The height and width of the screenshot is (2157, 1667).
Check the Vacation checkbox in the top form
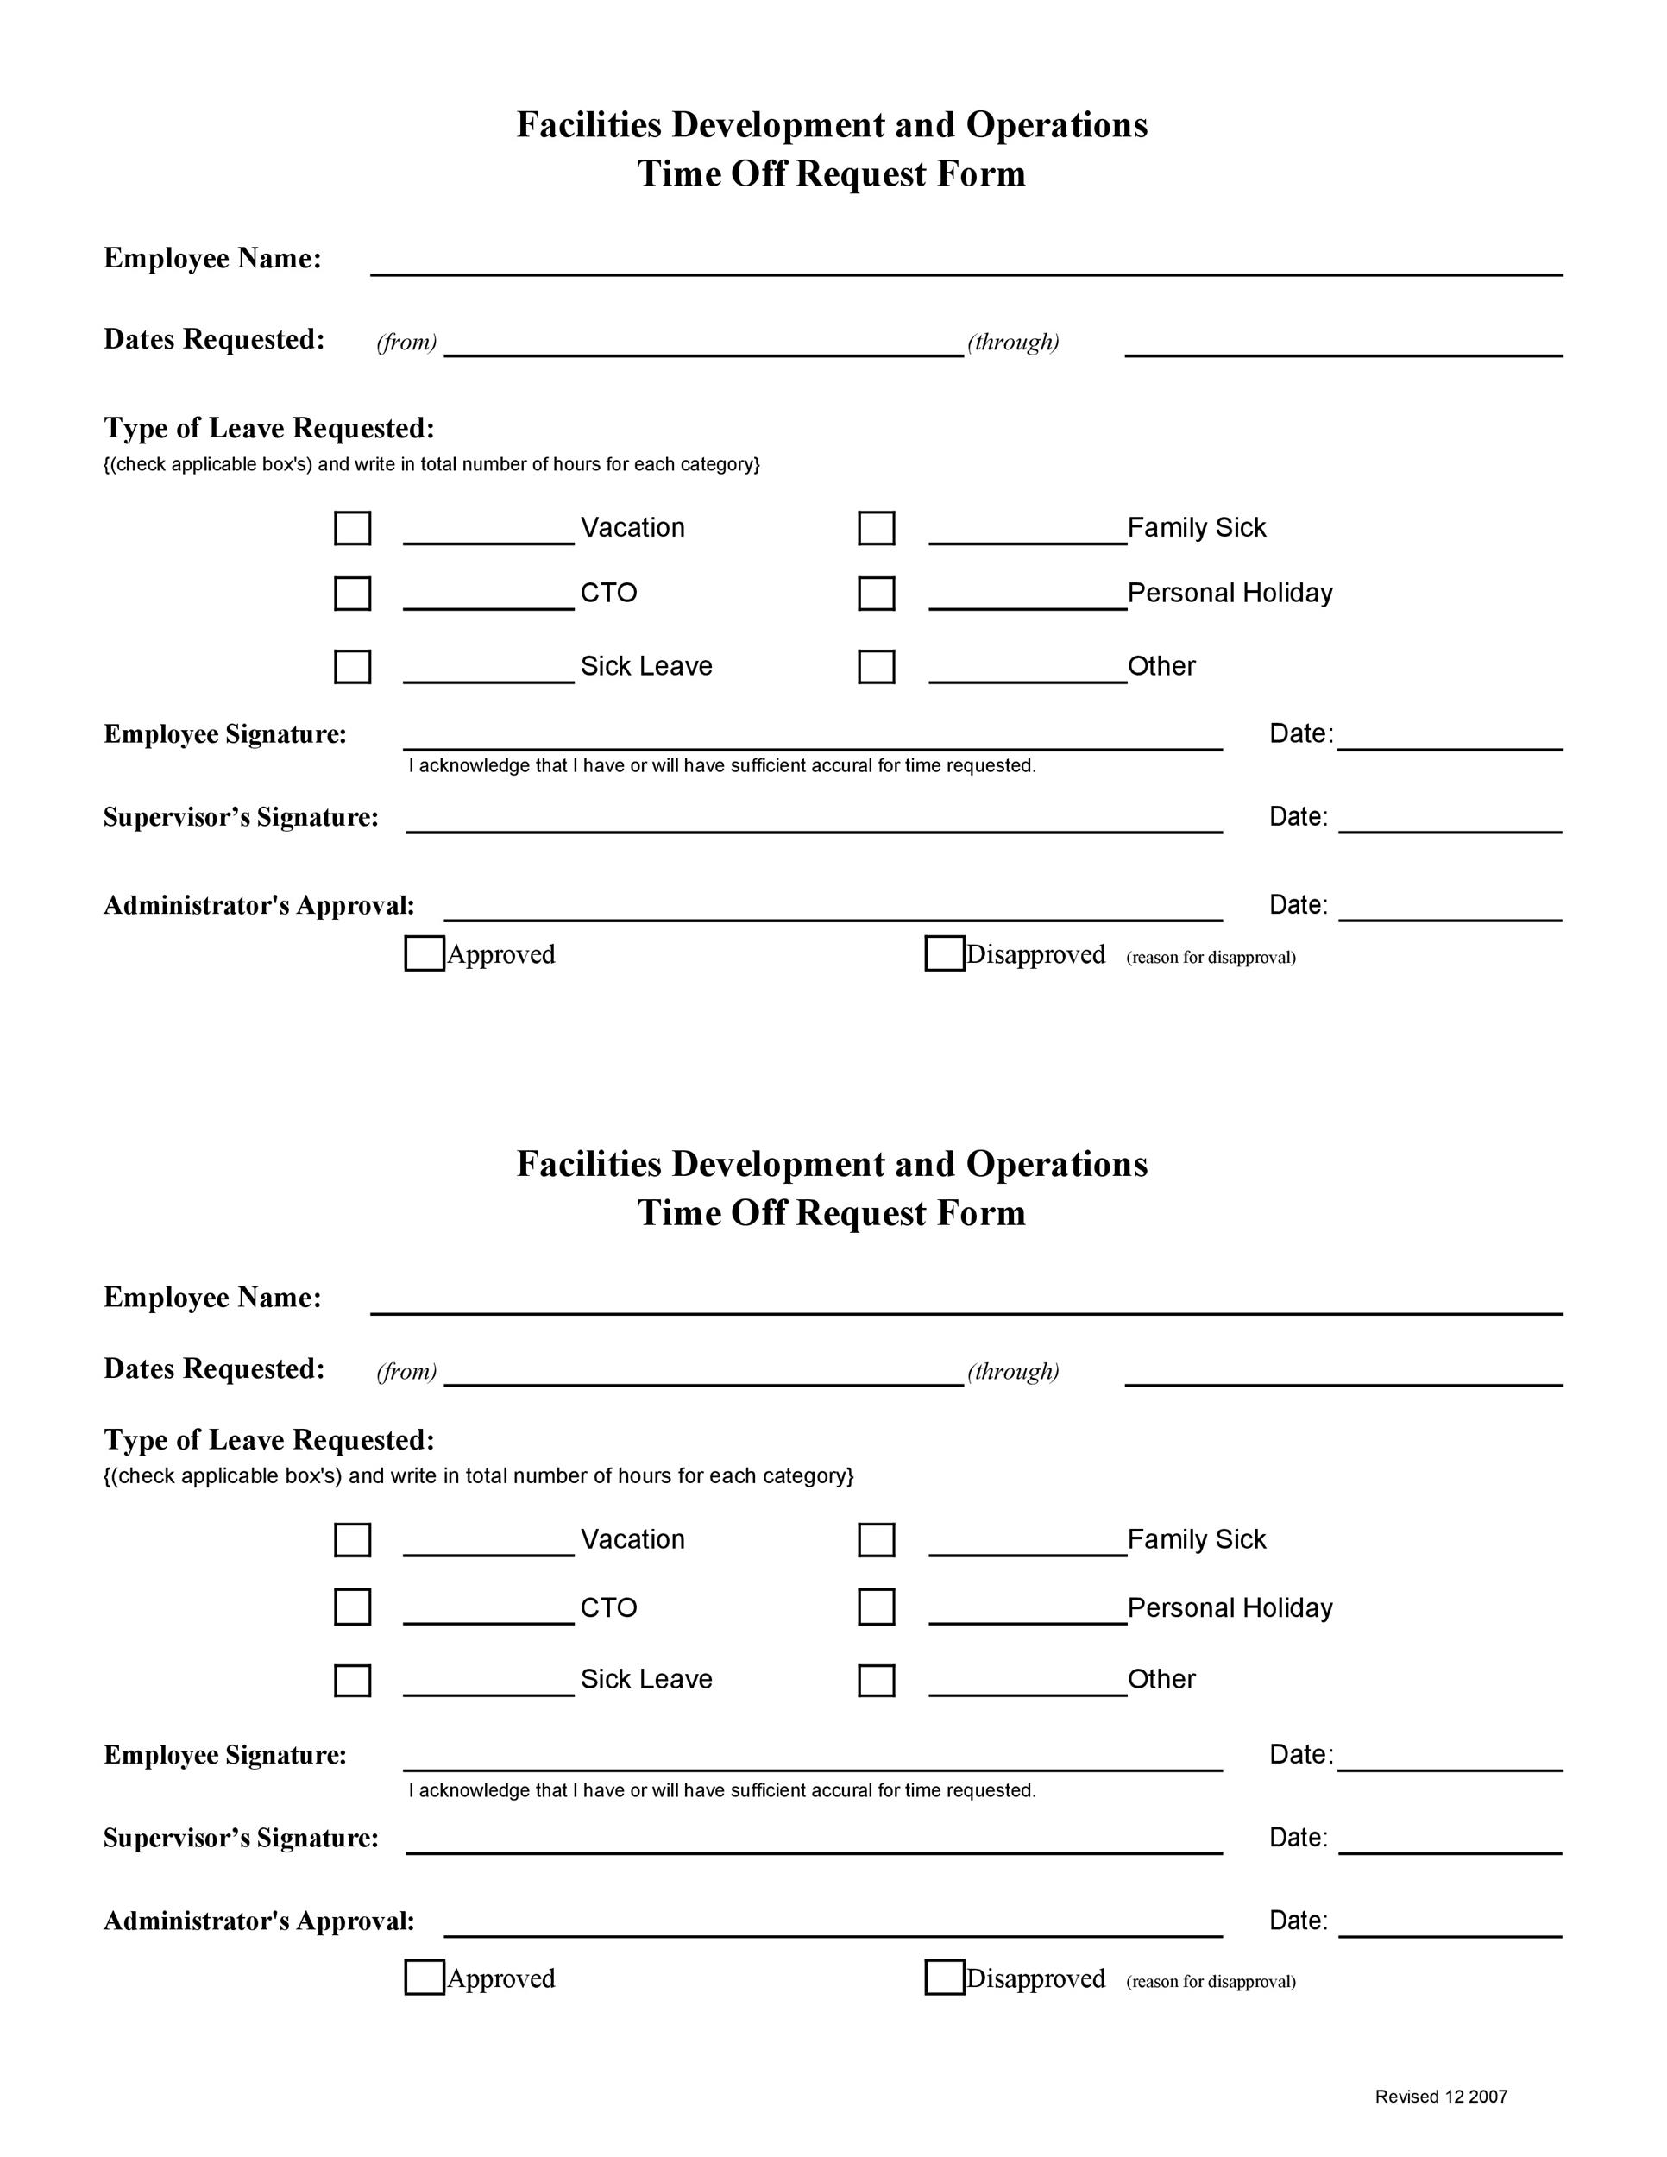pos(353,528)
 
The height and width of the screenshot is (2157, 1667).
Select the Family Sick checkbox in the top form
pos(876,528)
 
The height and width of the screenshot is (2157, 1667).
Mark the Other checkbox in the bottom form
pos(876,1680)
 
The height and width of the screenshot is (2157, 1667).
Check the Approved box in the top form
pos(425,954)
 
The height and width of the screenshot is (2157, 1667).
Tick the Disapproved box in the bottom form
pos(944,1978)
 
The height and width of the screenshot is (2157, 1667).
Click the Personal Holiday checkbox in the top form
pos(876,594)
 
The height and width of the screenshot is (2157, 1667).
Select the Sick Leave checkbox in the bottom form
pos(353,1680)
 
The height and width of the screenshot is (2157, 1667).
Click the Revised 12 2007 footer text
pos(1441,2096)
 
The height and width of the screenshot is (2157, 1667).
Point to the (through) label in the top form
pos(1012,343)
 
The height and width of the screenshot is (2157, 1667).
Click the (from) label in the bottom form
pos(406,1372)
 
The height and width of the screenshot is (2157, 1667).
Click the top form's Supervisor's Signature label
pos(241,818)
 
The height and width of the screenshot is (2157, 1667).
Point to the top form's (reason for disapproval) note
pos(1210,957)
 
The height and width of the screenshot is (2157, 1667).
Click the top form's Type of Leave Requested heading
pos(268,429)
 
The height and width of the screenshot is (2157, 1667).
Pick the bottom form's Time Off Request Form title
pos(832,1213)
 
